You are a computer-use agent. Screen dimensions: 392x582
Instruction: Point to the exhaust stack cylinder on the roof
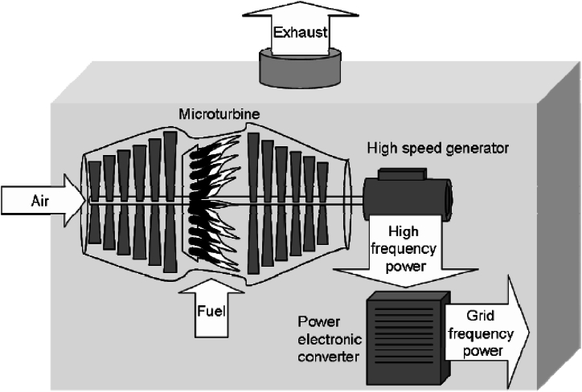click(x=299, y=69)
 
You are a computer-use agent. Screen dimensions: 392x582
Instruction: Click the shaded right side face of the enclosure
click(x=558, y=233)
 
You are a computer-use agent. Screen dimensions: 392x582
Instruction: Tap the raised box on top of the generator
click(x=399, y=174)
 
